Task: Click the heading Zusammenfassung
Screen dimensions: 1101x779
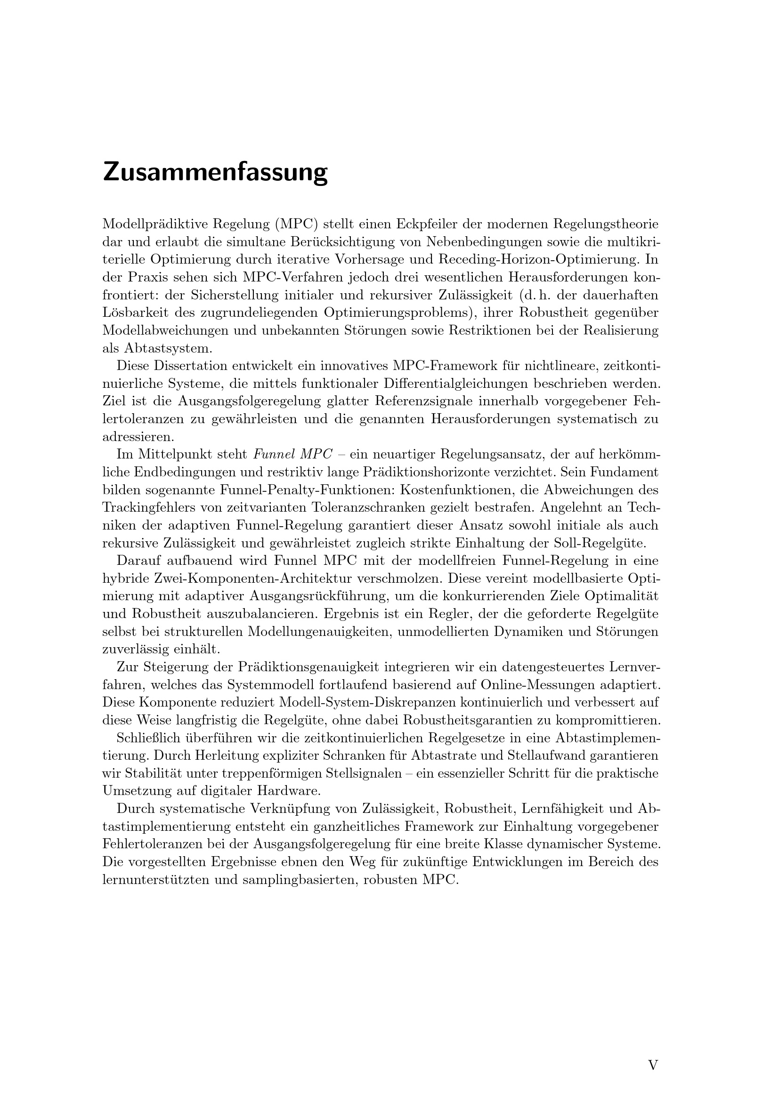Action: tap(215, 173)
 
